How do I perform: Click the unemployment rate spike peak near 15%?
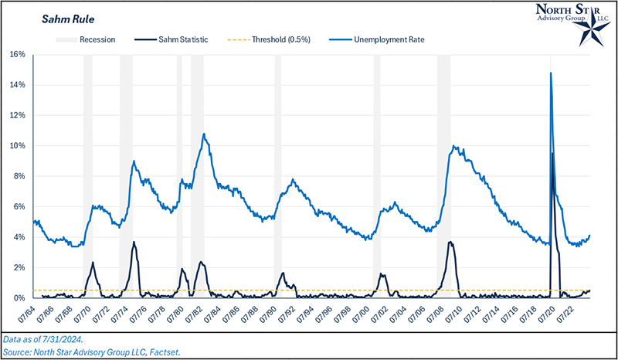[551, 73]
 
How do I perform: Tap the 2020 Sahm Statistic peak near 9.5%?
[553, 154]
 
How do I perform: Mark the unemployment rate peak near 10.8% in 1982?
[204, 134]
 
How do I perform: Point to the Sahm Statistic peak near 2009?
[450, 243]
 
